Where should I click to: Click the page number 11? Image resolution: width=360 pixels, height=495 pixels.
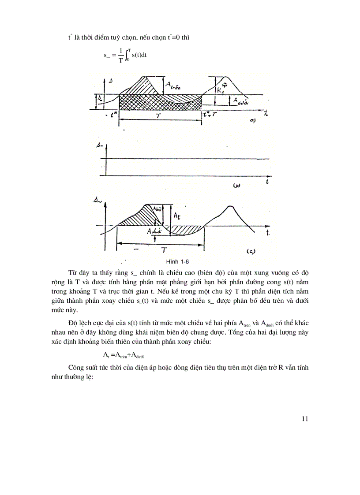(x=304, y=419)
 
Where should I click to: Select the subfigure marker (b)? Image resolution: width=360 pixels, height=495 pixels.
(x=236, y=186)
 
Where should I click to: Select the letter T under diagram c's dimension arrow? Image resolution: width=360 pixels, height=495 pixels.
(x=164, y=250)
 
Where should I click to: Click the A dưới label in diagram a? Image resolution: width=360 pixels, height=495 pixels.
(x=242, y=101)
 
